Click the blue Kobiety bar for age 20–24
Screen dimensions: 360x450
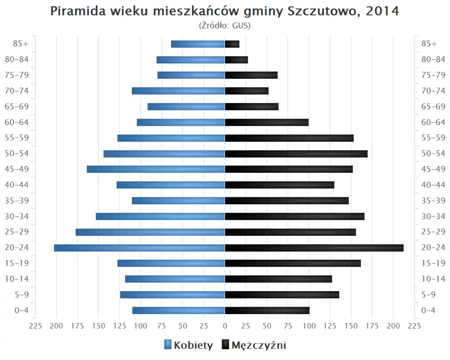pos(139,248)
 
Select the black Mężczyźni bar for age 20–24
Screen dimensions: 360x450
pos(314,248)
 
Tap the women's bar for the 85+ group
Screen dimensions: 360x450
pos(198,44)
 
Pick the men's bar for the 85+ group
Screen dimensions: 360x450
pos(232,44)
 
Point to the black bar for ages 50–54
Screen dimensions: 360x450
pos(296,154)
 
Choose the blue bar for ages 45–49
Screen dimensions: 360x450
pos(156,169)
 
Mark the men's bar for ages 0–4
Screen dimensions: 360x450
pos(267,310)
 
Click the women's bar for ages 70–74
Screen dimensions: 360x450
pos(178,91)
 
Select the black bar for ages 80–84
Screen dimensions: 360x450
pos(236,60)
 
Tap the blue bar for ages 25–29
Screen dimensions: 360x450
pos(150,232)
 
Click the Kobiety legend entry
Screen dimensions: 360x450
pos(188,345)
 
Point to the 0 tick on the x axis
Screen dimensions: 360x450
pos(225,326)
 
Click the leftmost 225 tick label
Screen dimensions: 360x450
pos(36,326)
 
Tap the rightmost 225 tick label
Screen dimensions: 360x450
pos(414,326)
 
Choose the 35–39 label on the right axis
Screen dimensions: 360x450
pos(433,201)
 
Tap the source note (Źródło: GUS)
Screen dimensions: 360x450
pos(225,25)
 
